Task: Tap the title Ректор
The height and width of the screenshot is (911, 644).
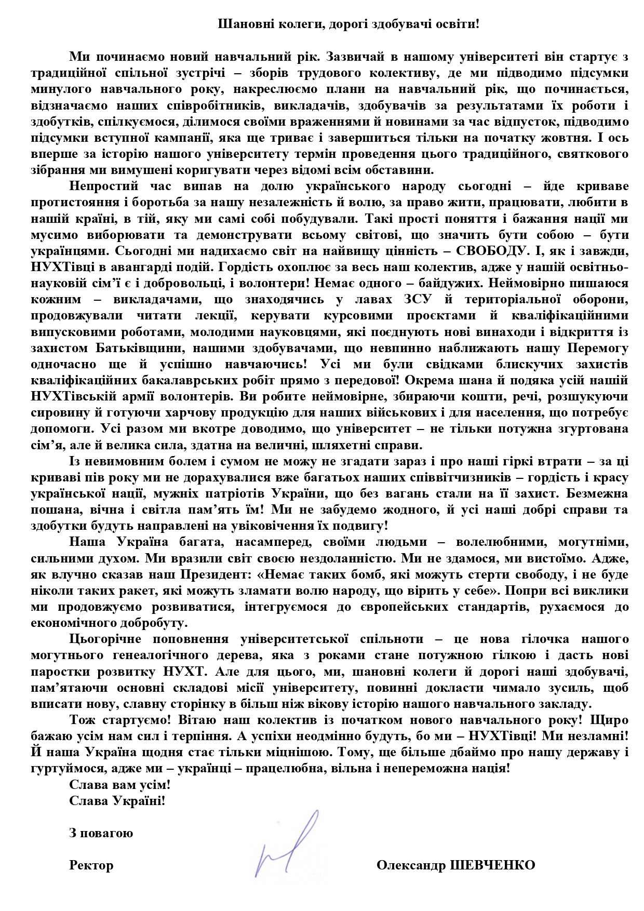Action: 91,865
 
